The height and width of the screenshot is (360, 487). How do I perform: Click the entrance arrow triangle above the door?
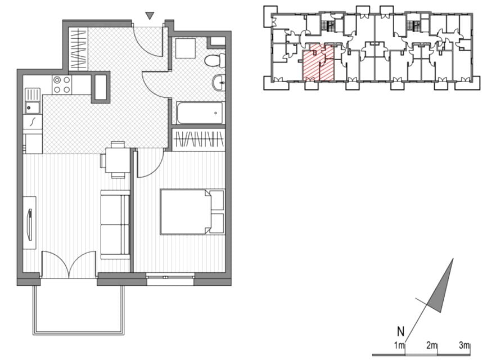click(x=150, y=16)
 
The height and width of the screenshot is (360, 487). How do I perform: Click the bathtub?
click(x=200, y=112)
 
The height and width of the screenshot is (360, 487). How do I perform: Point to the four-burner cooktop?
click(x=61, y=85)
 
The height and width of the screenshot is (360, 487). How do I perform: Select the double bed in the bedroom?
click(x=192, y=211)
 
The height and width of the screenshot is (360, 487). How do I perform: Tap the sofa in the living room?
click(x=115, y=224)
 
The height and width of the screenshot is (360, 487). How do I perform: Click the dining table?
click(x=117, y=160)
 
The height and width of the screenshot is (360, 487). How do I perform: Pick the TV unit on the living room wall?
click(x=30, y=222)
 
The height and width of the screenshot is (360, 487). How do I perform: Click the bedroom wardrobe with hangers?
click(x=199, y=139)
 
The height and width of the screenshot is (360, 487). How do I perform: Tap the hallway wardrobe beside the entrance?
click(x=79, y=49)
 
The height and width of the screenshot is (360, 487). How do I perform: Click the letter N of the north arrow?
click(x=400, y=331)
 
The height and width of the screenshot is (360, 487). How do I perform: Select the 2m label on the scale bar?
click(x=432, y=345)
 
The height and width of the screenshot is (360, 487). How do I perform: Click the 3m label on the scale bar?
click(x=464, y=345)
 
